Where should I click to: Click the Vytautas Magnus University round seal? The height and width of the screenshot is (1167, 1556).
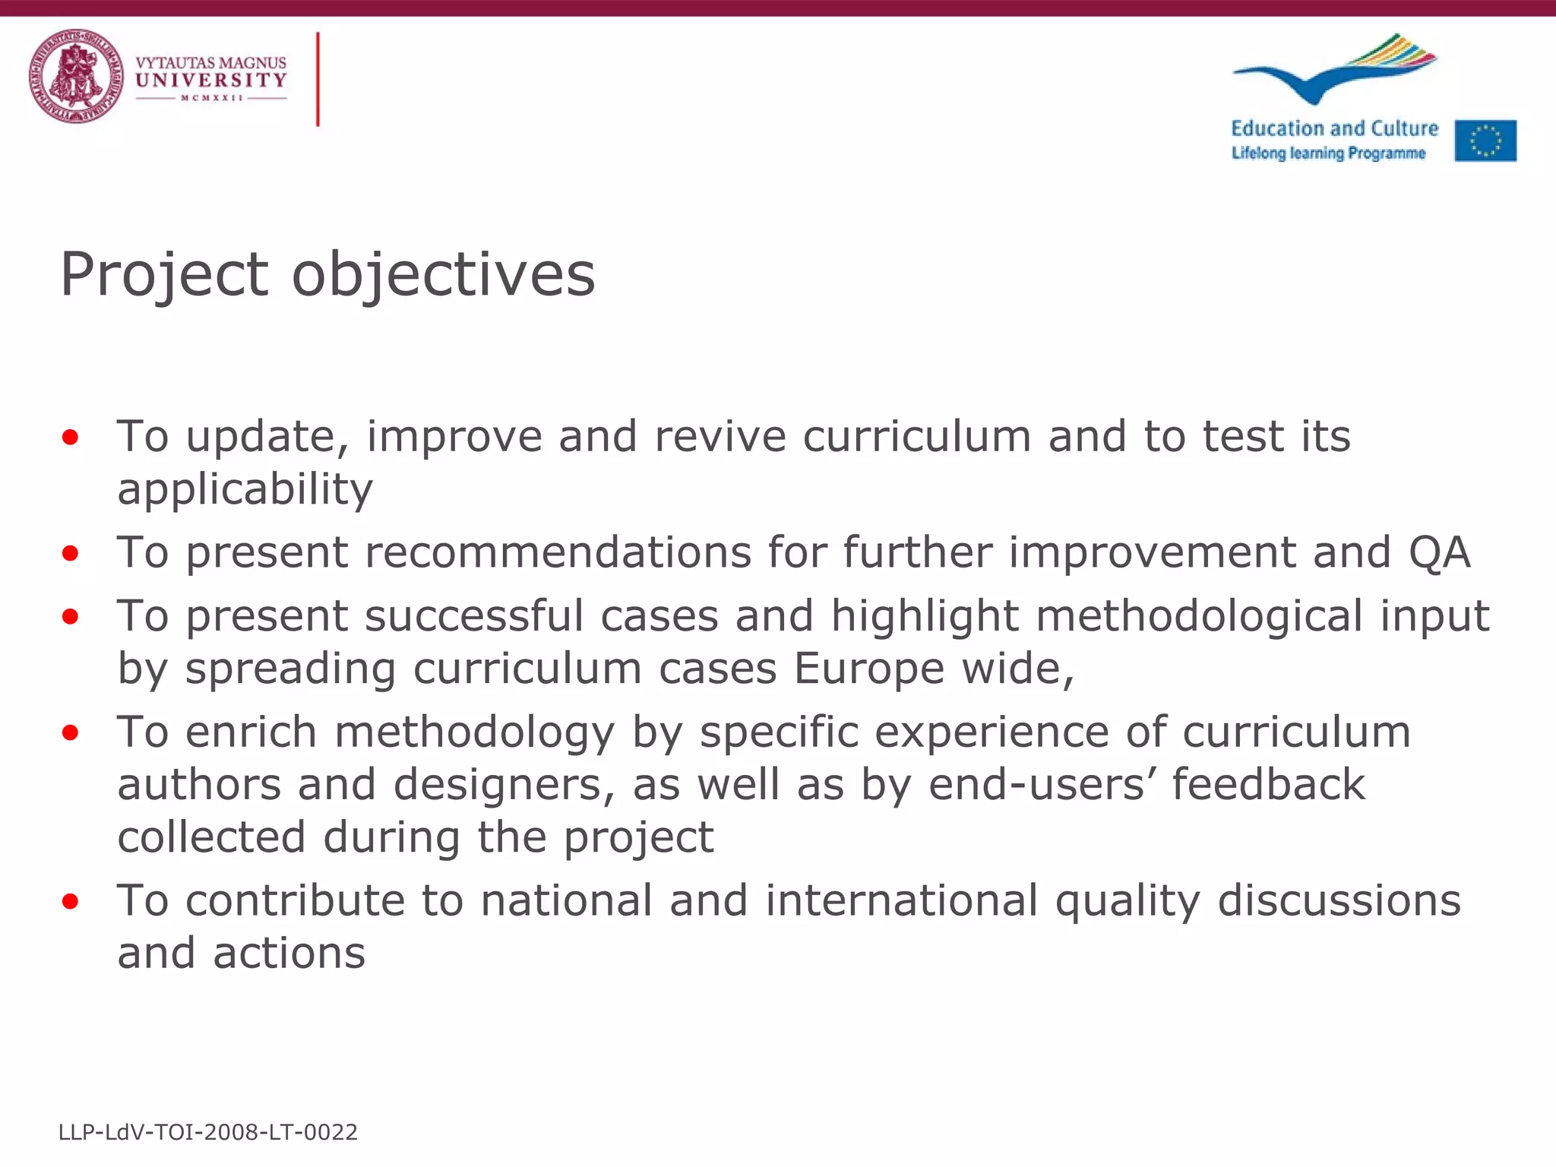(x=76, y=76)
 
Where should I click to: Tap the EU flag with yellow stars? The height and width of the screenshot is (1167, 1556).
(x=1485, y=141)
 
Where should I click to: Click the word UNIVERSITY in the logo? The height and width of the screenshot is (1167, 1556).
(x=211, y=80)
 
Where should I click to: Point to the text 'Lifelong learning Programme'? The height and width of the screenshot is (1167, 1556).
(x=1328, y=153)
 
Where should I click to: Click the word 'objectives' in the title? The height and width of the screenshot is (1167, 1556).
(x=444, y=274)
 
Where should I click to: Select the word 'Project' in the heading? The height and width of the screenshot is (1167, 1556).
(x=164, y=274)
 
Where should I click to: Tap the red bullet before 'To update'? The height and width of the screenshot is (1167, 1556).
(x=71, y=437)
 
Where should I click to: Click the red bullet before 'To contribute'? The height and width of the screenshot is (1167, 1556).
(x=71, y=902)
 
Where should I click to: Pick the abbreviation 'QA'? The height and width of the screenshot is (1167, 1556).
(x=1440, y=552)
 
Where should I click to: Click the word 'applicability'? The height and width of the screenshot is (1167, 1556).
(x=245, y=489)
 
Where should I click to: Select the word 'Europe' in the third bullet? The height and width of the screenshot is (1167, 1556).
(x=869, y=669)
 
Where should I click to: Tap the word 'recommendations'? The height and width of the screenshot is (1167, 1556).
(x=558, y=552)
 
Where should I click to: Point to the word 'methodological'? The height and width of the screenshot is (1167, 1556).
(x=1199, y=615)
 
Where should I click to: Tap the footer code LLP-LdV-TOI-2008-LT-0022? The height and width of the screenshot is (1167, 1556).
(x=208, y=1132)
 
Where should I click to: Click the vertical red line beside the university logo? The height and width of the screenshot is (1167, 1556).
(x=318, y=79)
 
